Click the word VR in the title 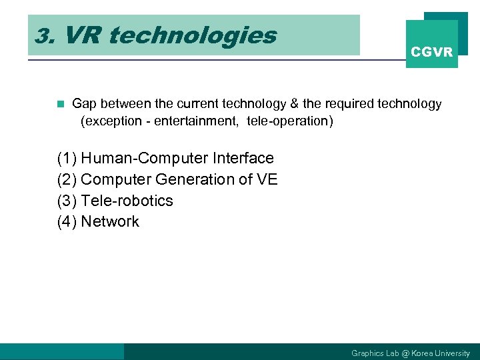click(83, 35)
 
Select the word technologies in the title click(192, 35)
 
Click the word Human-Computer click(144, 158)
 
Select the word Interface click(243, 158)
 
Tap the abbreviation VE click(266, 179)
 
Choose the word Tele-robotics click(127, 201)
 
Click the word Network click(110, 222)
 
